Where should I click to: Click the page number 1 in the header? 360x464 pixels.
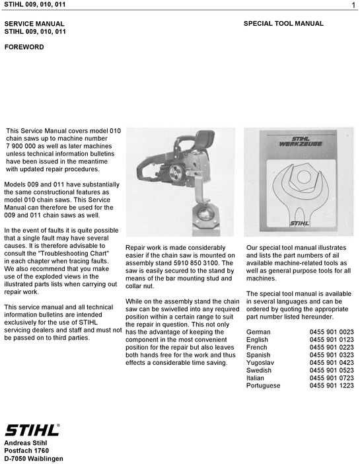coord(354,6)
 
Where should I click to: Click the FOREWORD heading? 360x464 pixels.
coord(24,48)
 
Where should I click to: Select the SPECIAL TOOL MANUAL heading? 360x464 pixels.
coord(283,24)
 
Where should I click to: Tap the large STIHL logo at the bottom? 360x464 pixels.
coord(32,430)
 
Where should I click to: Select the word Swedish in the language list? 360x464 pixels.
coord(258,370)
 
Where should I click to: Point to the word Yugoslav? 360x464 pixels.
coord(260,363)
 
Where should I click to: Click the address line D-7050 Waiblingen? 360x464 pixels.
coord(34,459)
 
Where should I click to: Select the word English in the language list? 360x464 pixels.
coord(257,340)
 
